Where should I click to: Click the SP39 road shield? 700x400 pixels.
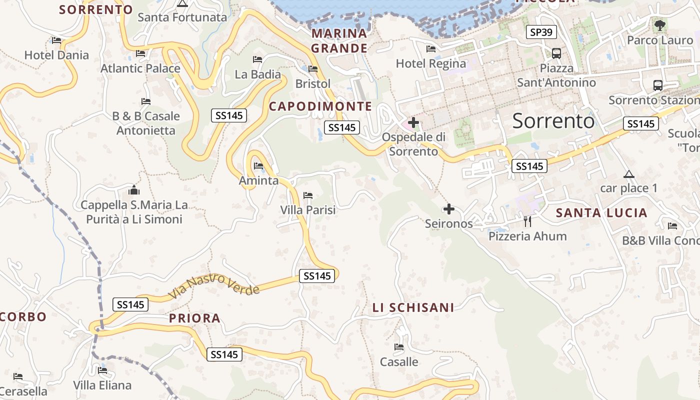click(541, 32)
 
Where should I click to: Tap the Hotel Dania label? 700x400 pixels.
click(56, 55)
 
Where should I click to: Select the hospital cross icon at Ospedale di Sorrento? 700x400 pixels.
click(413, 122)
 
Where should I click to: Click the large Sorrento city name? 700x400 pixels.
click(553, 121)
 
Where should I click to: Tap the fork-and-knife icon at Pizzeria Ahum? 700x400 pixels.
click(527, 221)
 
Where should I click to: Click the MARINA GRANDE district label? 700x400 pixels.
click(339, 41)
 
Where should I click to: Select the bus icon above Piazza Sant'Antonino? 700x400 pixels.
click(556, 53)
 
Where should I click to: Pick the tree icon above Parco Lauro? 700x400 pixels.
click(659, 24)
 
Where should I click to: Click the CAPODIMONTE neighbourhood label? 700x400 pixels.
click(320, 106)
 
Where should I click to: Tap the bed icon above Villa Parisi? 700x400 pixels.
click(308, 195)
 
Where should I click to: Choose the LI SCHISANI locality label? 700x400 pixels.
click(413, 307)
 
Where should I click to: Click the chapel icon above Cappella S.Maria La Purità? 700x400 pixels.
click(134, 190)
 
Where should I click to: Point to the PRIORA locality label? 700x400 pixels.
click(194, 318)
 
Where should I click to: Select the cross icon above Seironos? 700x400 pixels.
click(449, 208)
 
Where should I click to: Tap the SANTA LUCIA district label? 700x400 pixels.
click(601, 213)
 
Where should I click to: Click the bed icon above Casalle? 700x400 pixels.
click(399, 346)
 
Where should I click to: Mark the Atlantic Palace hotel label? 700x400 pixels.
click(140, 68)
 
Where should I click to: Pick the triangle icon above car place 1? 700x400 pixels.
click(629, 174)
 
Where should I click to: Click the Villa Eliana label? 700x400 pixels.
click(102, 385)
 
